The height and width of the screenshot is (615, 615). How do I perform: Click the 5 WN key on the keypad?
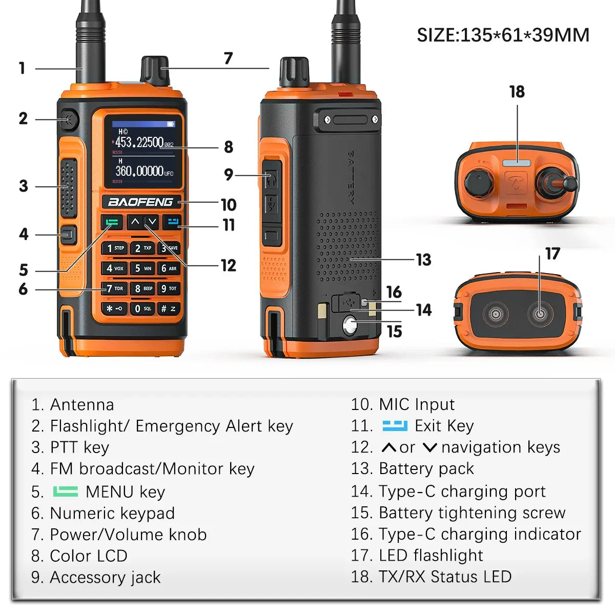point(143,268)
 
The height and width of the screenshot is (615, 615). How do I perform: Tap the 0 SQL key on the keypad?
point(143,309)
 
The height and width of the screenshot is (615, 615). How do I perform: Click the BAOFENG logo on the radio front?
point(140,202)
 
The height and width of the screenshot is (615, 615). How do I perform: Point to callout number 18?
point(517,92)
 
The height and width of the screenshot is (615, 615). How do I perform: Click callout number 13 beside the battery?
point(424,260)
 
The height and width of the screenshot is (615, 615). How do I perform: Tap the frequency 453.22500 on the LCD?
point(139,141)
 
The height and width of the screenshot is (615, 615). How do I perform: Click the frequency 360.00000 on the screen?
point(139,171)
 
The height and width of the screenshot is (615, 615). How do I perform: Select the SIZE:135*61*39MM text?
point(503,35)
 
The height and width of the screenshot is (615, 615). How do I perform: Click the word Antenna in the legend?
point(82,405)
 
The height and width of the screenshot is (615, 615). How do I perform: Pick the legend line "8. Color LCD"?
point(79,556)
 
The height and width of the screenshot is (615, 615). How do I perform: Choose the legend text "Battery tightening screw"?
point(472,513)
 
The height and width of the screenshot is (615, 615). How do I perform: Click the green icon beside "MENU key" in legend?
point(66,491)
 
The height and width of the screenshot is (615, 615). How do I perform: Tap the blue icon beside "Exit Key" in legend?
point(395,426)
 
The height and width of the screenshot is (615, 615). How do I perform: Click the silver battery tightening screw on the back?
point(350,326)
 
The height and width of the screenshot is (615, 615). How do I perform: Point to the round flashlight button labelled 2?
point(68,119)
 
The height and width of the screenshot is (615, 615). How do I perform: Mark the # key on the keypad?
point(169,309)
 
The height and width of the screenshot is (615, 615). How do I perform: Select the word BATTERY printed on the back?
point(351,177)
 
